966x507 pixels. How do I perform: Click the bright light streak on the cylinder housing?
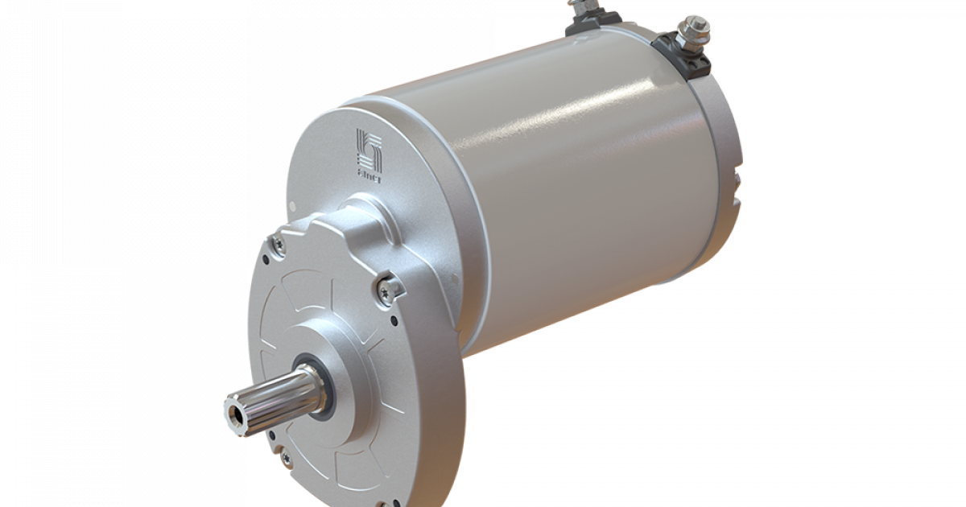(x=563, y=121)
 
